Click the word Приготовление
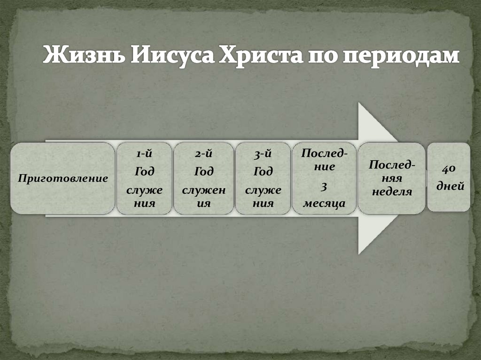coord(63,178)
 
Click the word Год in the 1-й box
coord(144,172)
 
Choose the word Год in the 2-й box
coord(204,172)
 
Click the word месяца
coord(325,203)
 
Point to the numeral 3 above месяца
coord(324,187)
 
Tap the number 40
coord(448,169)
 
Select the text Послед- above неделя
coord(392,165)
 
